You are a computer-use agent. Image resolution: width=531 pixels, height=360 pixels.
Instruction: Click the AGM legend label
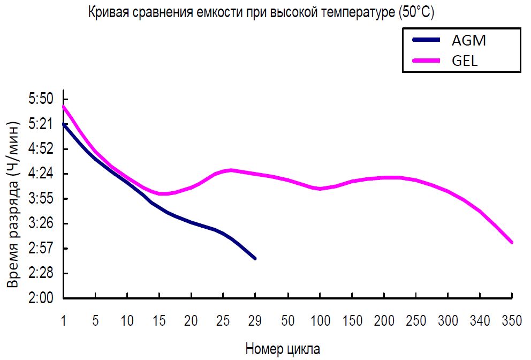point(469,40)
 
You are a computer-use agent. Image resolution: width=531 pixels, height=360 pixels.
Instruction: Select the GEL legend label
point(464,60)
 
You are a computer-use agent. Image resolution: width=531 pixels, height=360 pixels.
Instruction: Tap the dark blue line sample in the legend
point(426,40)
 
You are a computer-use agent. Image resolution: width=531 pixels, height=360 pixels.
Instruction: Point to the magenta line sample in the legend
point(426,60)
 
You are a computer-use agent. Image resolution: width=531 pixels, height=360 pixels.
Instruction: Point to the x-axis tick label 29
point(255,321)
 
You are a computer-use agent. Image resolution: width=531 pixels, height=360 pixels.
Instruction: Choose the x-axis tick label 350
point(512,321)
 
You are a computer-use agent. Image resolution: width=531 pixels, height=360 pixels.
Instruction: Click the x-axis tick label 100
point(320,321)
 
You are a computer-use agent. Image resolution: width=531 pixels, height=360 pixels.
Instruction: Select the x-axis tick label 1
point(64,321)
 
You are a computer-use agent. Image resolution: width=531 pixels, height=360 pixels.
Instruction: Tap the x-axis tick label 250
point(416,321)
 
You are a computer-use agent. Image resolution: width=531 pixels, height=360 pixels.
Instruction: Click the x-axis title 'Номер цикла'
point(283,349)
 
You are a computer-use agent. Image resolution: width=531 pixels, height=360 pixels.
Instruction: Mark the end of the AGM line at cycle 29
point(255,259)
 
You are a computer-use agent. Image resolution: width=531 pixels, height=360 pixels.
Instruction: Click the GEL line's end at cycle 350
point(512,243)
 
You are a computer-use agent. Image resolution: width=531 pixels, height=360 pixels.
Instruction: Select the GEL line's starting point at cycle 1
point(64,106)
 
